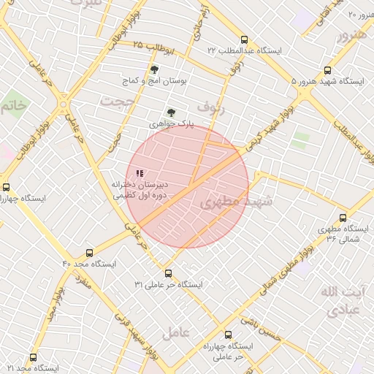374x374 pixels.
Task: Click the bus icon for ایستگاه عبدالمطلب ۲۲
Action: pos(243,40)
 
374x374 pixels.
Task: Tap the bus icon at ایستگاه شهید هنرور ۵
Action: pos(327,72)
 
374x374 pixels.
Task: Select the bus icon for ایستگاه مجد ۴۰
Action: pos(89,253)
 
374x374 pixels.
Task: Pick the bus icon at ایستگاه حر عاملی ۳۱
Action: pos(169,273)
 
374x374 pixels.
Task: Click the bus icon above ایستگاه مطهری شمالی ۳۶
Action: pos(343,218)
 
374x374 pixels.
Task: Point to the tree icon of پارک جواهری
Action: pos(171,112)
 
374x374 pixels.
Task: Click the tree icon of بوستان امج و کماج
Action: pos(153,70)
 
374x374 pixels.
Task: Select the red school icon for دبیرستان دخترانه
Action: pos(139,173)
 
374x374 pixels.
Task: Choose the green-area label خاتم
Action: pos(14,106)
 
